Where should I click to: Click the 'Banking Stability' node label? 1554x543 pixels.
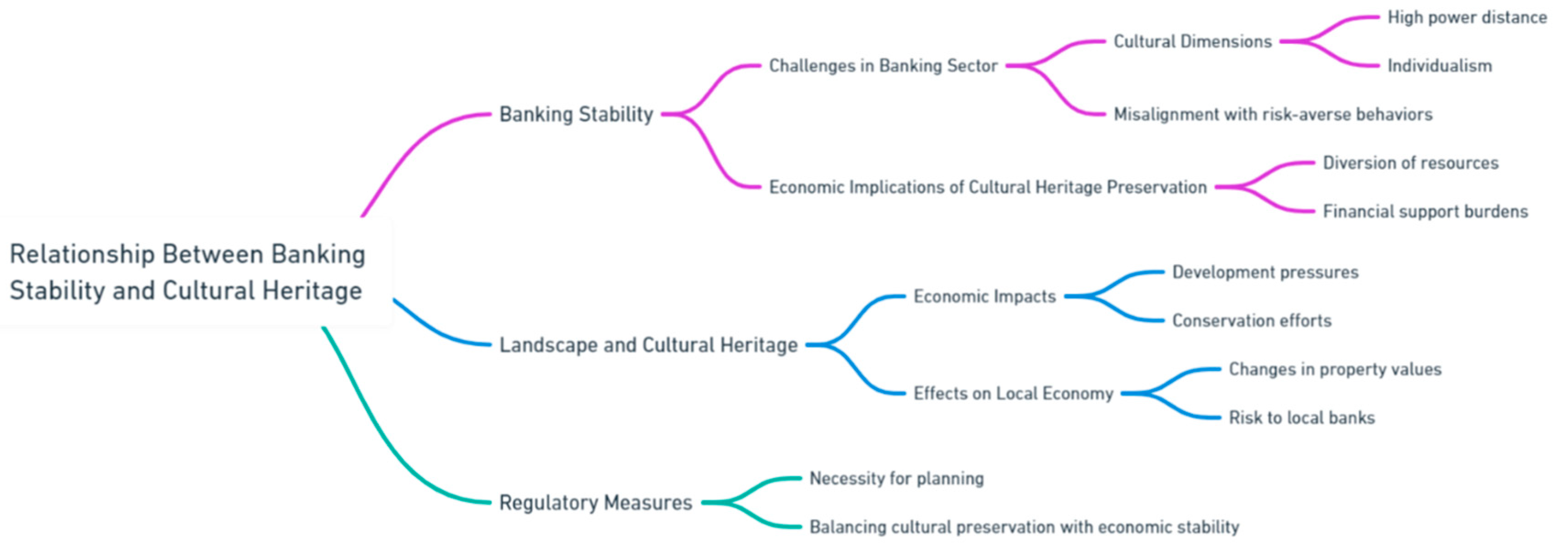576,114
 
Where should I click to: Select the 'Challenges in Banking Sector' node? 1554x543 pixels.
883,66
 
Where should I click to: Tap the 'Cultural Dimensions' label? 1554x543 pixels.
1192,42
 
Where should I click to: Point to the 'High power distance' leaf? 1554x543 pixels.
1467,17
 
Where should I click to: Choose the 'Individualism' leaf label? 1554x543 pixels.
1439,66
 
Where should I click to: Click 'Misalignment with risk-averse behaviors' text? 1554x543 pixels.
1272,114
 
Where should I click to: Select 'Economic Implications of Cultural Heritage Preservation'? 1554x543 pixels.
987,187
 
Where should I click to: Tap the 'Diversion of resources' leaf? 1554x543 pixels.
1411,163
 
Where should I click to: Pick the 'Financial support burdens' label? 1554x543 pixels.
1425,211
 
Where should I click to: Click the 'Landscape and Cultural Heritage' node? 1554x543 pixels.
649,345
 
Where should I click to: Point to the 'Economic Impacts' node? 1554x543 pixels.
985,296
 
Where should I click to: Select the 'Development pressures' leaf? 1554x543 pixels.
1265,272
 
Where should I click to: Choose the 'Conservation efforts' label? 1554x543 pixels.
1252,320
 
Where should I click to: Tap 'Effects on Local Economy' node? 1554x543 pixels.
1013,393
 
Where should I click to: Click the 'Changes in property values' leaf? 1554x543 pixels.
1335,369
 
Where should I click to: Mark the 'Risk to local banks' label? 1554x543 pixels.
1302,418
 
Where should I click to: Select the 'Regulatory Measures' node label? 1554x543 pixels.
595,503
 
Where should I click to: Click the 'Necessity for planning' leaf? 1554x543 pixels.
896,478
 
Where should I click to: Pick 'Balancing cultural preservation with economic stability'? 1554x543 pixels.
1024,527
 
